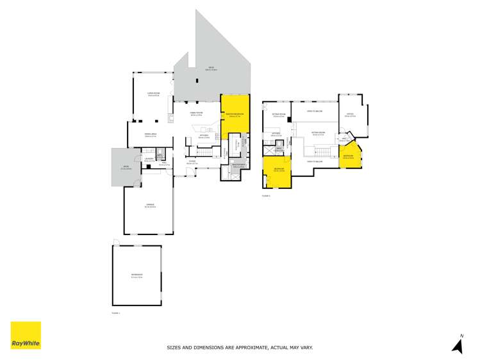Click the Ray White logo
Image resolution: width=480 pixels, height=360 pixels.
point(26,335)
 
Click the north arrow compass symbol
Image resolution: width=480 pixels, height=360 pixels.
point(458,344)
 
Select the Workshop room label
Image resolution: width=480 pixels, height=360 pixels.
point(137,277)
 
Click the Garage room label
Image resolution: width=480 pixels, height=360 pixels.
point(149,206)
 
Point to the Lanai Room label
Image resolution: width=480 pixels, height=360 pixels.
point(153,94)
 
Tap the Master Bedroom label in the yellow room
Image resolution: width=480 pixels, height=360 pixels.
point(235,116)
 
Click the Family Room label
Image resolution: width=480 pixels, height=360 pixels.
point(196,114)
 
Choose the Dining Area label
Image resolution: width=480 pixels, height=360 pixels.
point(151,135)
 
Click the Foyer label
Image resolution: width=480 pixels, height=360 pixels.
point(192,163)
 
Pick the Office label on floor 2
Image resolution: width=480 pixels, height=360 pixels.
point(349,116)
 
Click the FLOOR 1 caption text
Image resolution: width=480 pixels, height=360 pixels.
point(116,313)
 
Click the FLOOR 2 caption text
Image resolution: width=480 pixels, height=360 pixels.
point(266,195)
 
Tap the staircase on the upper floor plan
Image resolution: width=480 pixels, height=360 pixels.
point(323,151)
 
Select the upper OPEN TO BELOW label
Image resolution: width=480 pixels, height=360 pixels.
point(314,111)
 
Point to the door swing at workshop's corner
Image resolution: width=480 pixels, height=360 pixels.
point(115,241)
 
